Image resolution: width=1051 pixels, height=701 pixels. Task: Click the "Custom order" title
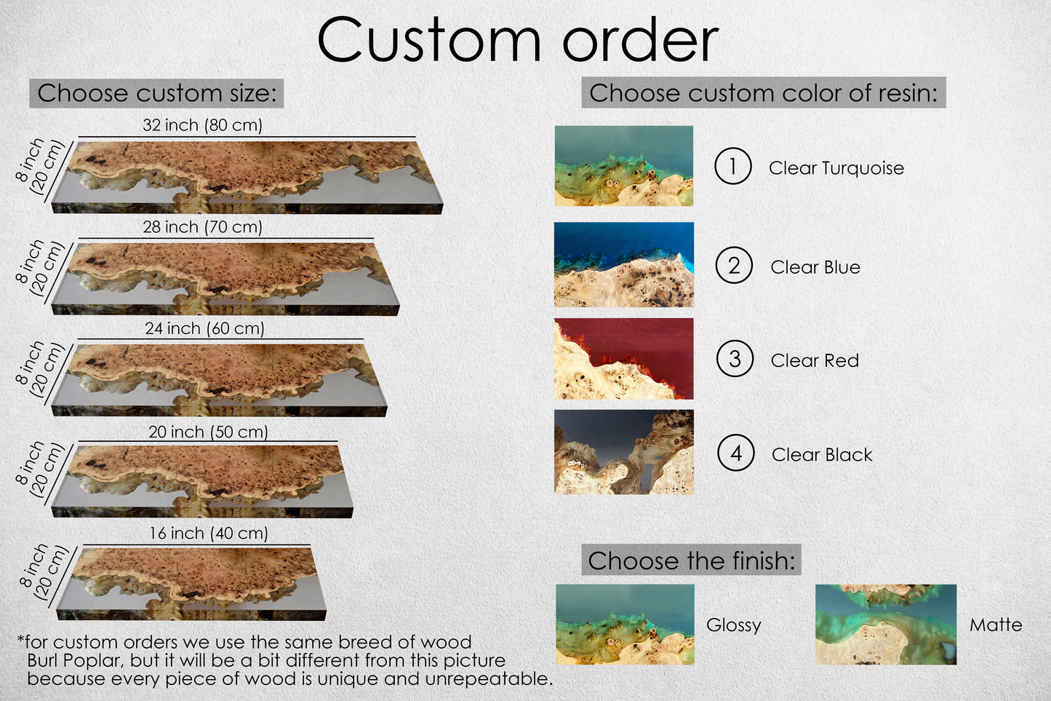518,40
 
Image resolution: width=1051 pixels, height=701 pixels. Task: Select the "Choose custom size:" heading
156,93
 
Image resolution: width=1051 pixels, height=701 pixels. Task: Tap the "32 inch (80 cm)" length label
202,125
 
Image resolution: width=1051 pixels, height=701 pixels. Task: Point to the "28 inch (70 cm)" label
202,227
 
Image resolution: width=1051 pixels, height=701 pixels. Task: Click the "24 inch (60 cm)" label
204,328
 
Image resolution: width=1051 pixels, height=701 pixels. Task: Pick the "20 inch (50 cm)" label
208,432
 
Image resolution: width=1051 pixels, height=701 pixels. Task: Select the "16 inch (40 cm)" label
208,533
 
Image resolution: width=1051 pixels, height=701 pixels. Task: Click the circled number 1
733,166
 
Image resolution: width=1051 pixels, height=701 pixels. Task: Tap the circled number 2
734,265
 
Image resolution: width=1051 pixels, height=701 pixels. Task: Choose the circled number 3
735,359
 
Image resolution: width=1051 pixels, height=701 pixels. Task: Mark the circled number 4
736,453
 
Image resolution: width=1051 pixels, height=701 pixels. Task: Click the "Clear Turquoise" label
836,167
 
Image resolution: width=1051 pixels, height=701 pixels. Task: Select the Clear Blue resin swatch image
623,265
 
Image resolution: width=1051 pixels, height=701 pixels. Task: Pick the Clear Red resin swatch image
623,359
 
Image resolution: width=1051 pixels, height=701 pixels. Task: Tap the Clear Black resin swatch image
623,451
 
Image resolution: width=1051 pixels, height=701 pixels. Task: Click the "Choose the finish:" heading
691,560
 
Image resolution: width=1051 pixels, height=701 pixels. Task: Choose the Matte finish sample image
886,625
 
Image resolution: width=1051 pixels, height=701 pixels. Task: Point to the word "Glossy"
733,625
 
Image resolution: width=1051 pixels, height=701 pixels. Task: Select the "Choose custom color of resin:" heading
764,92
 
